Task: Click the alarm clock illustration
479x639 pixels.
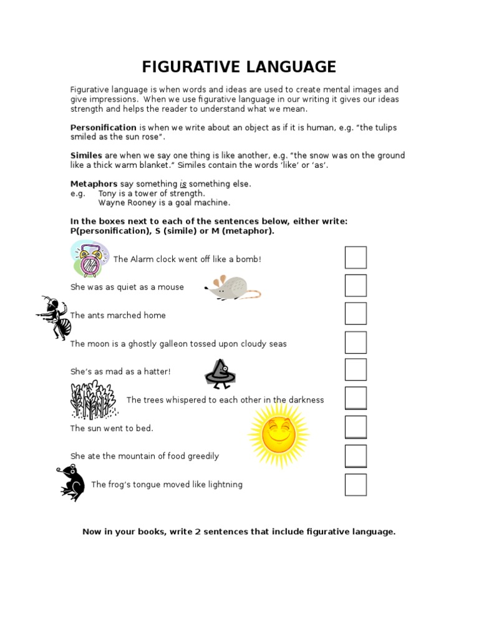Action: [x=89, y=260]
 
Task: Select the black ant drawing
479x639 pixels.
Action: [x=55, y=317]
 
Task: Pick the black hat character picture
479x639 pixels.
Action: [x=221, y=373]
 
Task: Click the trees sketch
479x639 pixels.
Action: [x=94, y=400]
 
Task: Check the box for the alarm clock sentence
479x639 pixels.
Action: [x=356, y=258]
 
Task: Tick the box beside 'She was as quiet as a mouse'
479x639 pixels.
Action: [x=356, y=286]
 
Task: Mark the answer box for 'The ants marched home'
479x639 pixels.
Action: [x=356, y=314]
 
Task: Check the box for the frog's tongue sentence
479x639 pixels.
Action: [x=356, y=485]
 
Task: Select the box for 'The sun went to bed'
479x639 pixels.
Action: [x=356, y=427]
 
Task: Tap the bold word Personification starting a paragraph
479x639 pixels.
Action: [x=103, y=127]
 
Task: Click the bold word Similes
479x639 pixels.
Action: [x=86, y=155]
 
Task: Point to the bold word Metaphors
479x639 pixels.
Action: [x=94, y=183]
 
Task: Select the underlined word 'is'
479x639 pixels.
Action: [x=183, y=183]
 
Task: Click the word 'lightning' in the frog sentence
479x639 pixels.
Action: [x=223, y=484]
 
